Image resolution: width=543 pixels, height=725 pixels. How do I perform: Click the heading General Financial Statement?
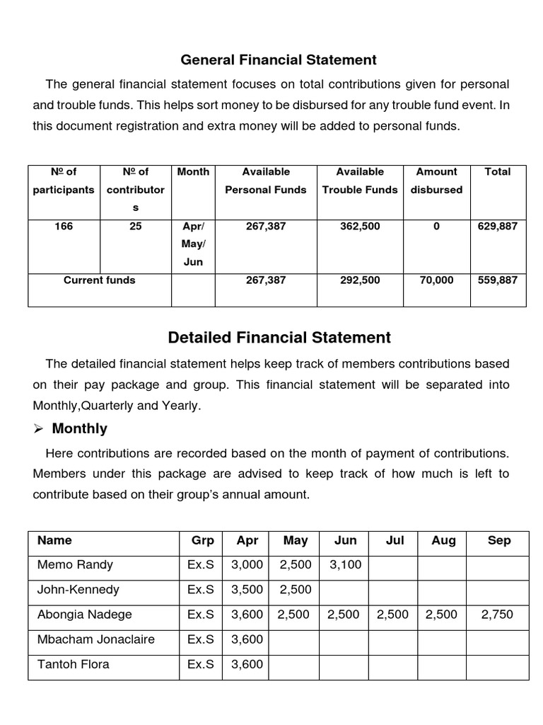pos(279,60)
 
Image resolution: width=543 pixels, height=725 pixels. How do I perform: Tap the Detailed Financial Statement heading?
pos(279,338)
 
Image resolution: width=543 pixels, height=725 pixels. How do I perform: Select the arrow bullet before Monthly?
pos(40,429)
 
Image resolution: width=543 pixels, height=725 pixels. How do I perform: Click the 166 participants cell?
pos(64,227)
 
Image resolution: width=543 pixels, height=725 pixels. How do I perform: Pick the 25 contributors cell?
pos(135,227)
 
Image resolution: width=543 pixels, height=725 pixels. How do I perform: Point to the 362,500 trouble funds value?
pos(360,227)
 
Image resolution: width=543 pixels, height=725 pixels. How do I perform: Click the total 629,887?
pos(497,227)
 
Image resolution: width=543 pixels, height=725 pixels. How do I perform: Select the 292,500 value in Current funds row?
pos(360,280)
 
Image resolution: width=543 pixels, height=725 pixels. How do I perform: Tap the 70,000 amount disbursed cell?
pos(436,280)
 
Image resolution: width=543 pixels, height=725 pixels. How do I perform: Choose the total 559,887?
pos(497,280)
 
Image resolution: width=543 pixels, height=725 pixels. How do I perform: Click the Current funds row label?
pos(99,280)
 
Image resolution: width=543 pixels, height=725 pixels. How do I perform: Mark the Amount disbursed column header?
pos(436,181)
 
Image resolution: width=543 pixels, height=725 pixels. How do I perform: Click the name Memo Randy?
pos(75,565)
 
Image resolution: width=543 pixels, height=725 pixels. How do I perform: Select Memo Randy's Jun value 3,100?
pos(345,565)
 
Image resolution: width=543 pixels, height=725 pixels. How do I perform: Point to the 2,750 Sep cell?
pos(498,615)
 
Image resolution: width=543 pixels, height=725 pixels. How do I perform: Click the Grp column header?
pos(202,541)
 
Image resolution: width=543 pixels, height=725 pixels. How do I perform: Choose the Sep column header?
pos(498,541)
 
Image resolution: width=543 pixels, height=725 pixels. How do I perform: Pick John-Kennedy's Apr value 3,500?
pos(247,590)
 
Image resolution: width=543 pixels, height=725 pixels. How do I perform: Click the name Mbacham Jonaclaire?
pos(95,639)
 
